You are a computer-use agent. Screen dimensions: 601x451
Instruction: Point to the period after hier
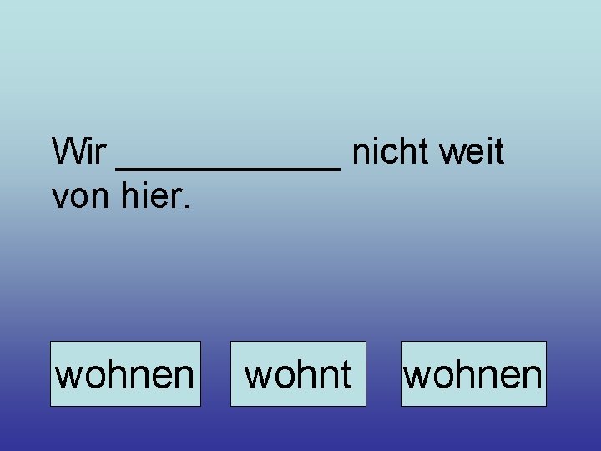point(188,207)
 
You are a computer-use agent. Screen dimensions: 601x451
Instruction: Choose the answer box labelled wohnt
point(298,374)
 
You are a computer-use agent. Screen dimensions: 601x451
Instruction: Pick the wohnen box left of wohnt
point(125,374)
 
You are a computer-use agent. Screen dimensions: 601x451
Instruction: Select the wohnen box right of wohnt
point(473,374)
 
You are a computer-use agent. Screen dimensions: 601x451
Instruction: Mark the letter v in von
point(60,199)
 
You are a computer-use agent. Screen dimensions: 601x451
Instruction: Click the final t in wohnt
point(345,374)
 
